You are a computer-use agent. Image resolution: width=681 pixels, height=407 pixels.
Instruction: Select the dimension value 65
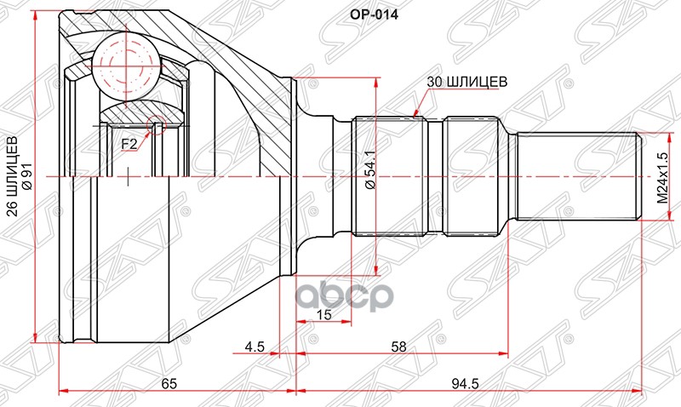169,384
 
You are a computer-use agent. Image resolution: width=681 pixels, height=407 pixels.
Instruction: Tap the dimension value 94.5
465,384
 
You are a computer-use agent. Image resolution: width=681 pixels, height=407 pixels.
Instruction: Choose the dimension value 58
398,347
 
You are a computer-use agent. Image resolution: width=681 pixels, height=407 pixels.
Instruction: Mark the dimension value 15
323,315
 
